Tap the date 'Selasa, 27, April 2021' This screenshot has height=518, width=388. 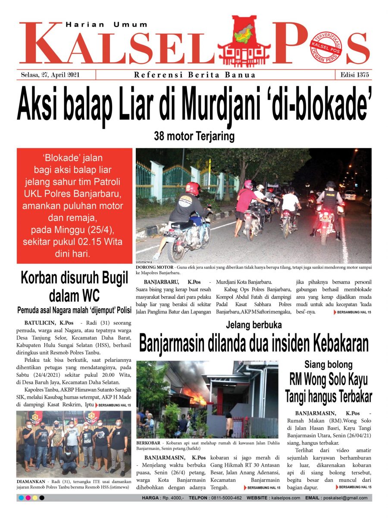(50, 75)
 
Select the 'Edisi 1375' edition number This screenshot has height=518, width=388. (354, 75)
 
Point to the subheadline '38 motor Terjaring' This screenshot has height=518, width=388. (194, 137)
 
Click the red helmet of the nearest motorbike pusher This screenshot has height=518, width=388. (193, 188)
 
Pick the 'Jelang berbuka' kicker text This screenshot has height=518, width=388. (253, 325)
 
